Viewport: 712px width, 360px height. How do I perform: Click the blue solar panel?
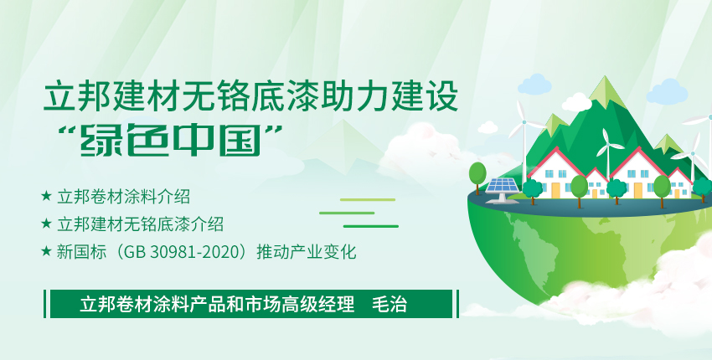(x=503, y=186)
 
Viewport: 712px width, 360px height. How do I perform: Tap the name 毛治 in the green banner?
(x=390, y=304)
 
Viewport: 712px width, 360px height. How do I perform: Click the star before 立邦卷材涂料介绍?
(x=46, y=196)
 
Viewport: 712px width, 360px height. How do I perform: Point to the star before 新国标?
(x=46, y=250)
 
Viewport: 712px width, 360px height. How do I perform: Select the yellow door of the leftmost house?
(x=556, y=190)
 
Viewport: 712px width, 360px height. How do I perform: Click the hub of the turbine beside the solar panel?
(x=524, y=122)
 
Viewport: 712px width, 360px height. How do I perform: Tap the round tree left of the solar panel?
(x=477, y=173)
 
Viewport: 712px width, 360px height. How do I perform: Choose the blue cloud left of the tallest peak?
(x=534, y=85)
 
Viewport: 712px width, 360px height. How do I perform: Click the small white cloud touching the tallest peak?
(x=576, y=103)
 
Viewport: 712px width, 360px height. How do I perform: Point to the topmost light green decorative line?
(x=368, y=200)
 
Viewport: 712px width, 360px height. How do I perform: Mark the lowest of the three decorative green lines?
(x=370, y=226)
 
